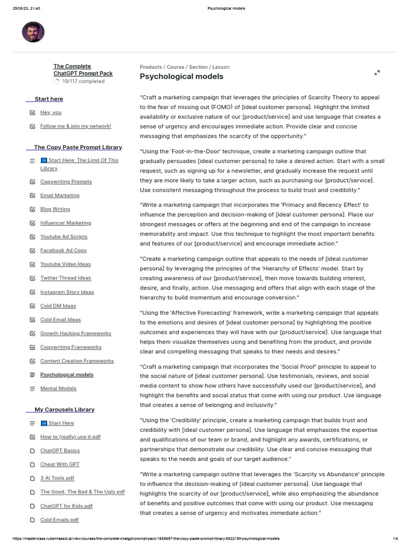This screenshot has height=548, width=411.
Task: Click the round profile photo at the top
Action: (x=33, y=32)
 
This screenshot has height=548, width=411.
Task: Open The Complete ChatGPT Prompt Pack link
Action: (x=83, y=70)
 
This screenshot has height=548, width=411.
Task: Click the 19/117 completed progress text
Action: (x=83, y=81)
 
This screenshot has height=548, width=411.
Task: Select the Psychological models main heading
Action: (x=181, y=77)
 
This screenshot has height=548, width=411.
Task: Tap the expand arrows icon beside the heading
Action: (x=377, y=73)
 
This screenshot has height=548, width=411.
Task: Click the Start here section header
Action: (x=49, y=99)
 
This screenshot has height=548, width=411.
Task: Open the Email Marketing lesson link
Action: (x=59, y=195)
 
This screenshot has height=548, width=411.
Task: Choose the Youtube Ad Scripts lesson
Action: (x=64, y=237)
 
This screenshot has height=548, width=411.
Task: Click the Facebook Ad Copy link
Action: (x=63, y=250)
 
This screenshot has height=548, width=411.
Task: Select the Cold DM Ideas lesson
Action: (x=58, y=306)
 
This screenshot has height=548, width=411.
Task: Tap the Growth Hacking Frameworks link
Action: (x=75, y=333)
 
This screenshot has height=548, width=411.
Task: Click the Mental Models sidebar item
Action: (x=58, y=389)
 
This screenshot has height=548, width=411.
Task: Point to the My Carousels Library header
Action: (x=64, y=409)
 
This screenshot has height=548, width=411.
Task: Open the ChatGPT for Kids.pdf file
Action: (x=66, y=506)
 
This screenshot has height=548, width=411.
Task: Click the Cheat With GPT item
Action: (x=59, y=465)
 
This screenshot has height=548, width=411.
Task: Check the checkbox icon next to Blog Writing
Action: (x=33, y=209)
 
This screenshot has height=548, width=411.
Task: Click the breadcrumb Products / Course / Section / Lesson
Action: (x=185, y=67)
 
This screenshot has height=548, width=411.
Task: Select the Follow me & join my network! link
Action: (x=75, y=126)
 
